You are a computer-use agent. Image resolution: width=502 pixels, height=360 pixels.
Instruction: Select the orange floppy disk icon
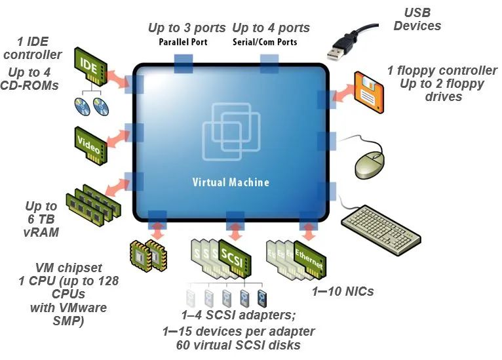point(368,88)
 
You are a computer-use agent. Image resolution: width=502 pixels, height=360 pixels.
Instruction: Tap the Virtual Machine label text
point(230,182)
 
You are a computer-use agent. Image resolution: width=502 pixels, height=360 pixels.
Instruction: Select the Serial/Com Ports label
point(265,42)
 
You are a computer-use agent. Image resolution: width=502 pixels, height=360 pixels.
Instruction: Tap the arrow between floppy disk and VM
point(341,96)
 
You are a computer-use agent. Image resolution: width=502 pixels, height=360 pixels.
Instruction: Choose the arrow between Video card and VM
point(119,136)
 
